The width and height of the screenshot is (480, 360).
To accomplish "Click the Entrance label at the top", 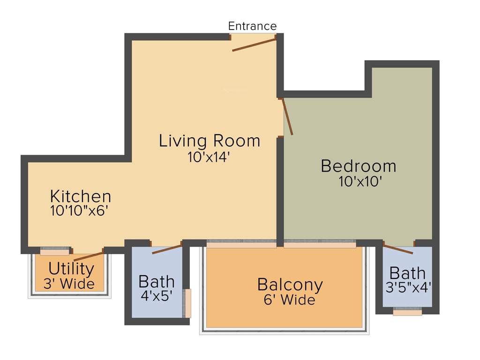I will point(252,26).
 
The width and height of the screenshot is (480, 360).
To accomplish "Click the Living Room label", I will point(209,141).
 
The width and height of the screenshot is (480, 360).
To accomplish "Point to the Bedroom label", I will point(358,166).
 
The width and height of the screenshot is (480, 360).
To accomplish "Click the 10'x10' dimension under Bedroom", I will point(358,182).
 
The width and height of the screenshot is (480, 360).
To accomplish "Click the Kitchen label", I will point(81,196).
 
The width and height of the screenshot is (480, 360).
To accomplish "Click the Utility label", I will point(71,269).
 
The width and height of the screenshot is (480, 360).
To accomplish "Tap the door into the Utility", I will point(89,256).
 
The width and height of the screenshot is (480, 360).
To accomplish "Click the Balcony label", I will point(290,285).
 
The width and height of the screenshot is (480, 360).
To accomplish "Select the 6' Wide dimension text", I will point(289,300).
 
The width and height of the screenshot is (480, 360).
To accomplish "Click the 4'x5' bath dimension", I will point(157,296).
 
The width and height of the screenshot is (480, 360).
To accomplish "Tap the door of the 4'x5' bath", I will point(167,249).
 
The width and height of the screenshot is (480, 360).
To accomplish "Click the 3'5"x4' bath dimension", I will point(408,287).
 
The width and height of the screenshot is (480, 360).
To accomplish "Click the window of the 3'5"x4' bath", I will point(407,311).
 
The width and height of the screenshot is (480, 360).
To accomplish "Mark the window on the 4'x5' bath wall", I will point(187,303).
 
